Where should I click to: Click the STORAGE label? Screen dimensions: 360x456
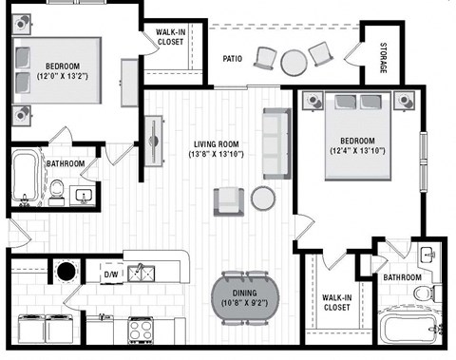[x=383, y=60]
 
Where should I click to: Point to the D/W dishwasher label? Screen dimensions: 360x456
[x=110, y=275]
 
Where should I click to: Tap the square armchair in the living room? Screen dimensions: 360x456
[x=229, y=200]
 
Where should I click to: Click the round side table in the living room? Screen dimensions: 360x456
[x=263, y=198]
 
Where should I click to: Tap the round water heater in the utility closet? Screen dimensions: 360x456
[x=66, y=272]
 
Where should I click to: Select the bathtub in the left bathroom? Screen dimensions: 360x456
[x=26, y=177]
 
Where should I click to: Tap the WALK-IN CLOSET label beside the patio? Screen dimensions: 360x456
[x=171, y=36]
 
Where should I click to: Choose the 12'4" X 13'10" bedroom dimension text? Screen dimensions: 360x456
[x=357, y=150]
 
